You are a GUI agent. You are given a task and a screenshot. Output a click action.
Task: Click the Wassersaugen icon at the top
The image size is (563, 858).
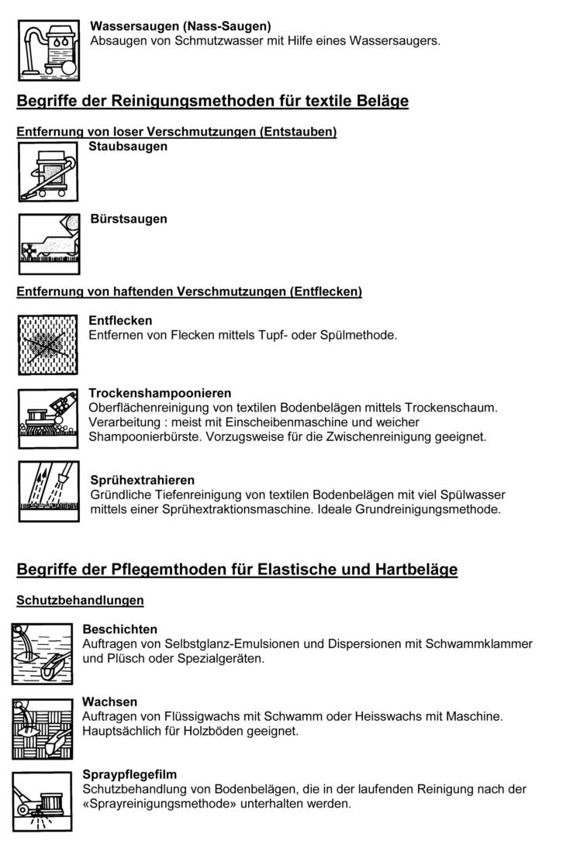(48, 50)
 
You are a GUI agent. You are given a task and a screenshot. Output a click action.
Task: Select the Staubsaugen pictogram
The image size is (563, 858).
(48, 173)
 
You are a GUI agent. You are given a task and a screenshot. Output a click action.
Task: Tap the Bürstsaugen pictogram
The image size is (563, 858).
(48, 243)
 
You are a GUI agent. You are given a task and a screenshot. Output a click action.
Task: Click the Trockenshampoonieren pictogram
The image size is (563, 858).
(48, 418)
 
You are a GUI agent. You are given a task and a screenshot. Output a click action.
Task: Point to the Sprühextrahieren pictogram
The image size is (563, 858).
(48, 491)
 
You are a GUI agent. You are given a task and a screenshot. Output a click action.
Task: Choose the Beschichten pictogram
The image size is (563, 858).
(42, 654)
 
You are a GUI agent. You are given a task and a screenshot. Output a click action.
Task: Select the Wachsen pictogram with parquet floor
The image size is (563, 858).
(42, 728)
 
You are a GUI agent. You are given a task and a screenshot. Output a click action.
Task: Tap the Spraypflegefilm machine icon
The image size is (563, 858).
(42, 801)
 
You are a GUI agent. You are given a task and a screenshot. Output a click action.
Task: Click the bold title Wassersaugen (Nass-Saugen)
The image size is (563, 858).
(181, 26)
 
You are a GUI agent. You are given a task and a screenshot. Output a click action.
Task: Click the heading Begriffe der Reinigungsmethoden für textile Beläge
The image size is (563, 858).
(212, 102)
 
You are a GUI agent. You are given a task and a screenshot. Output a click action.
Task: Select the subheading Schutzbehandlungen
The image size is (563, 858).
(80, 601)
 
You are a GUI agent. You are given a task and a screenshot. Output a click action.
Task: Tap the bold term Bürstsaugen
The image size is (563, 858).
(129, 219)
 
